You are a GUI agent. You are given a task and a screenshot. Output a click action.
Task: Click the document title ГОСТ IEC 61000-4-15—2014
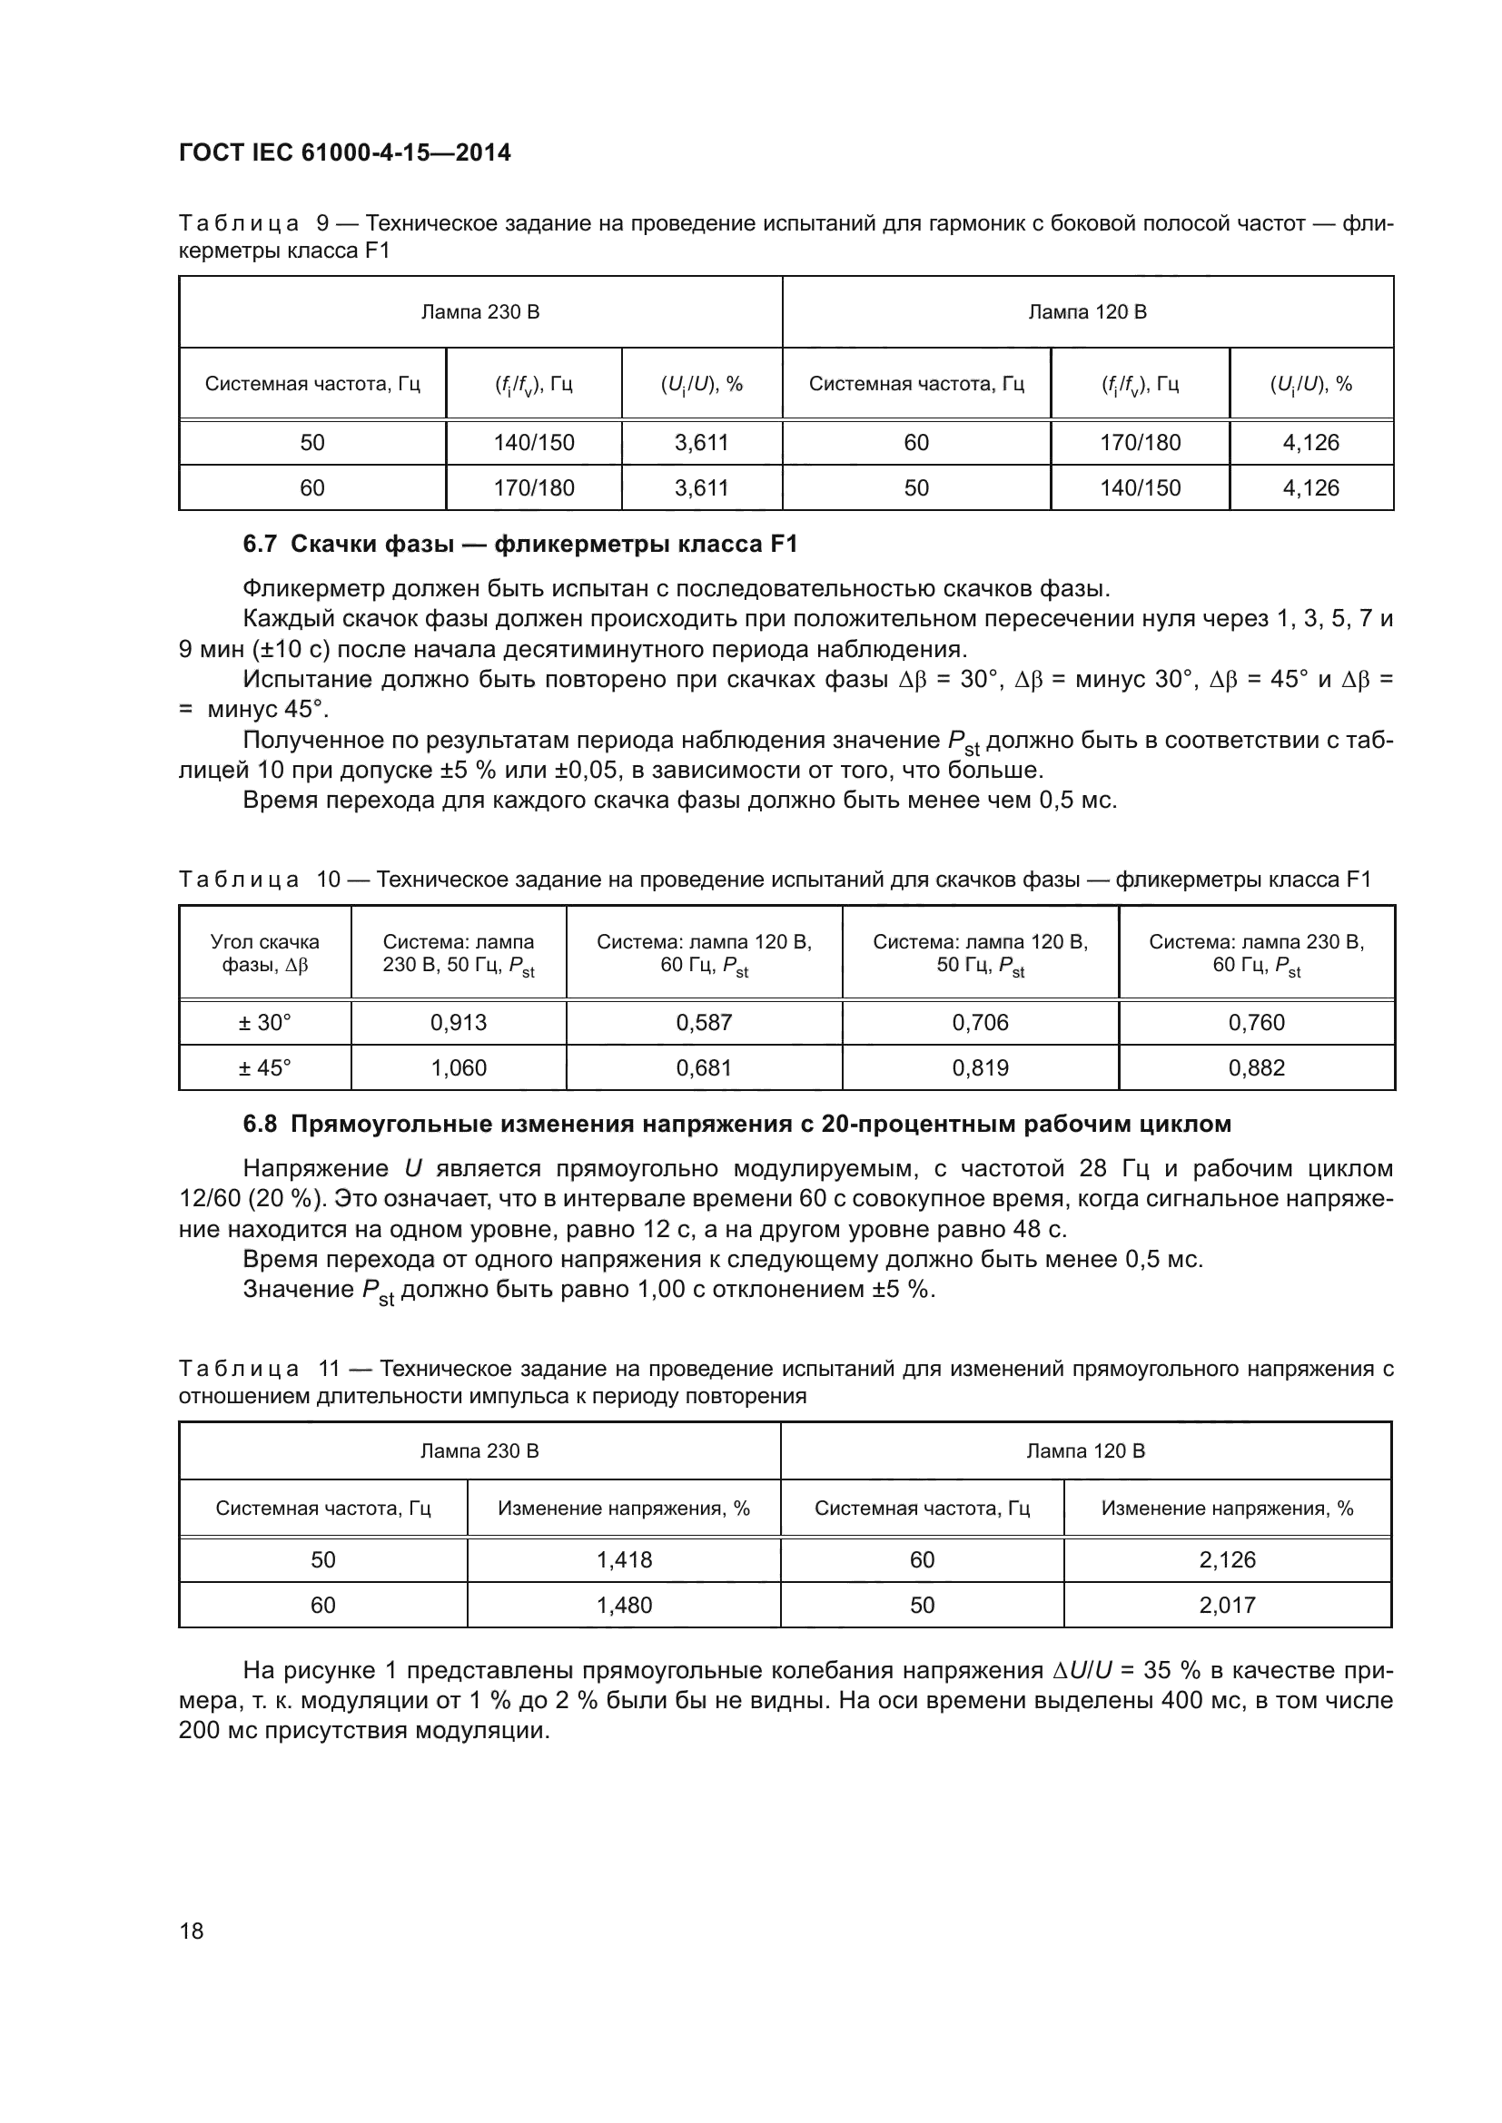[x=344, y=152]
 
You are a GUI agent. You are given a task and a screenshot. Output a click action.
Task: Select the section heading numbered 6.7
[x=519, y=544]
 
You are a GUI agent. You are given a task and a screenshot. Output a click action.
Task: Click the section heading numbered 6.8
[x=736, y=1125]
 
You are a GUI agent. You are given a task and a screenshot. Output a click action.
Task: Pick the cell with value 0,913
[x=458, y=1023]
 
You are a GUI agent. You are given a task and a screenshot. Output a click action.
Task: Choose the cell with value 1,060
[x=458, y=1068]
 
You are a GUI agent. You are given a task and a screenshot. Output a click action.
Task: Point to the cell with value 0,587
[x=704, y=1023]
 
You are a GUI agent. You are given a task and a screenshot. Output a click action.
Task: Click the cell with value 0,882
[x=1256, y=1068]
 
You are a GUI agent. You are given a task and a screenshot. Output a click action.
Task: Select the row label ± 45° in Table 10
[x=264, y=1068]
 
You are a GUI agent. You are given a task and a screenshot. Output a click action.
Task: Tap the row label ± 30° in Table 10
[x=264, y=1023]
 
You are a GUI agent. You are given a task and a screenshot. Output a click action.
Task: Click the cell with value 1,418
[x=624, y=1560]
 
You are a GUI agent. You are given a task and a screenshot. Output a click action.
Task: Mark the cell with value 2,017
[x=1228, y=1606]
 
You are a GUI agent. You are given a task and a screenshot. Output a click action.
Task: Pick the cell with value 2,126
[x=1228, y=1560]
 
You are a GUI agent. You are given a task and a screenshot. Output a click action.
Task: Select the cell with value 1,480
[x=624, y=1606]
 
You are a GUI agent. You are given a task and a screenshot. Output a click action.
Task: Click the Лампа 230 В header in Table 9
[x=480, y=312]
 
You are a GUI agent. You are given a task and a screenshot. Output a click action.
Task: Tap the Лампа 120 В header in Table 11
[x=1085, y=1450]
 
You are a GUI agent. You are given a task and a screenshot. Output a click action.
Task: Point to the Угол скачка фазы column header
[x=264, y=953]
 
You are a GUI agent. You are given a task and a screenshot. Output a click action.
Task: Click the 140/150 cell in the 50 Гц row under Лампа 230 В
[x=534, y=443]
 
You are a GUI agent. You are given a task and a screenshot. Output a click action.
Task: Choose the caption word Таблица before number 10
[x=239, y=880]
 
